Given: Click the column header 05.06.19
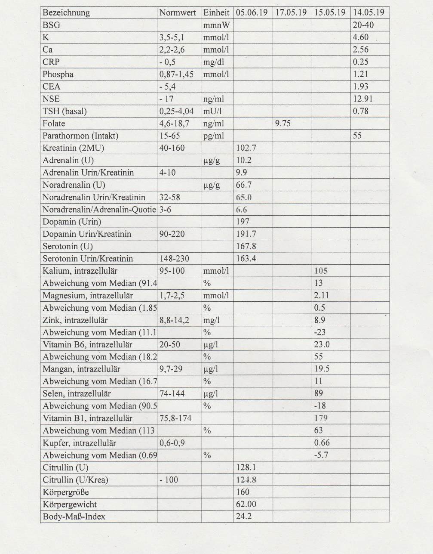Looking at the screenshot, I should point(252,12).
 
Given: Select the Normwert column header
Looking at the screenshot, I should point(178,12).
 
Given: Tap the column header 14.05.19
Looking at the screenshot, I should point(369,12).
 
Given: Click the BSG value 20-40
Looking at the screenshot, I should point(363,25).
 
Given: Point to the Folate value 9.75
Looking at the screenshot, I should point(283,124).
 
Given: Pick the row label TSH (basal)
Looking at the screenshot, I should point(64,111).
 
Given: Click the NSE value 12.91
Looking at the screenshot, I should point(362,99).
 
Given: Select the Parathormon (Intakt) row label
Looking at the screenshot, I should point(80,136).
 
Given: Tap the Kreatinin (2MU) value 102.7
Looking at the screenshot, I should point(246,148).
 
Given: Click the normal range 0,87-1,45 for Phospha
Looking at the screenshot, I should point(176,74).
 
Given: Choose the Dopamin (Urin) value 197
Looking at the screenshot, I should point(243,222).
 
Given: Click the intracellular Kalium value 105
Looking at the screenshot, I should point(321,271).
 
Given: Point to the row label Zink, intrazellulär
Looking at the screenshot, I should point(75,320).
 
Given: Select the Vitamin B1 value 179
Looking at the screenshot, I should point(321,418).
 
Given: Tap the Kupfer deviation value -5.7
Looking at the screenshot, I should point(321,455).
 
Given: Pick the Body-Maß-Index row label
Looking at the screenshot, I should point(74,517).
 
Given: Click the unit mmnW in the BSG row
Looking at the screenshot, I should point(216,25).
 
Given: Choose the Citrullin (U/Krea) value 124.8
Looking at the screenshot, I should point(246,480).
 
